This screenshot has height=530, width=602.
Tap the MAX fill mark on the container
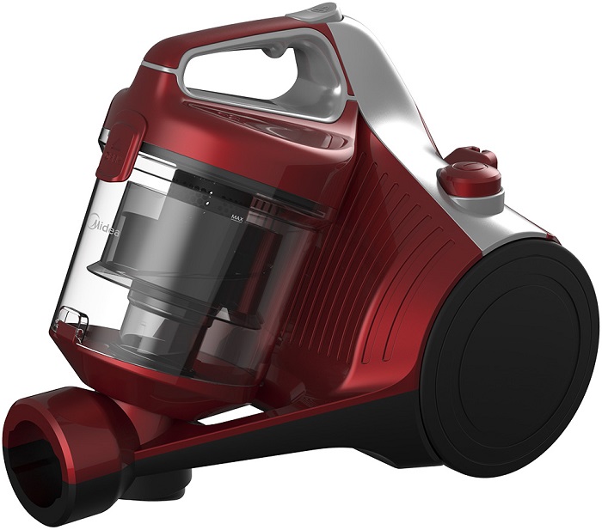(x=238, y=218)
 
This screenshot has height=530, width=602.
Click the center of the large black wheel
(x=514, y=360)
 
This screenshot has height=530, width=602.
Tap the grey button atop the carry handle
(x=315, y=11)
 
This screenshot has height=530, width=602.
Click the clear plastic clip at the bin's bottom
(x=72, y=319)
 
